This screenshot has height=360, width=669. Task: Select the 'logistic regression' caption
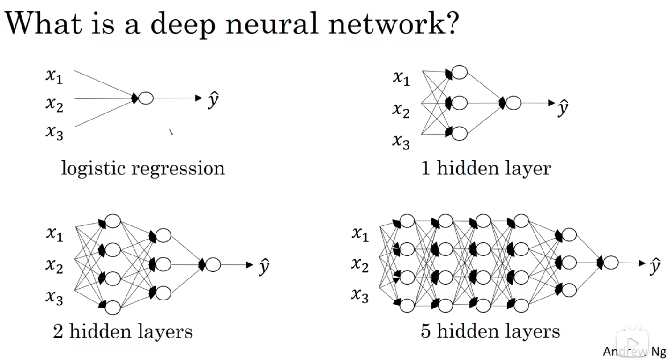click(143, 169)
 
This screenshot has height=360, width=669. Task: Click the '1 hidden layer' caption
click(486, 169)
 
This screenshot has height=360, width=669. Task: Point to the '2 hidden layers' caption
click(123, 331)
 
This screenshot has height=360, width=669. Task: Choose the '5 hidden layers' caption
click(491, 331)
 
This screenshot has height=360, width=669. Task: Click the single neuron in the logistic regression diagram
click(146, 98)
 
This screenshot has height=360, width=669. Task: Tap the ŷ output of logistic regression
click(213, 100)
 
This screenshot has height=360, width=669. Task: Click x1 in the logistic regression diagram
click(54, 76)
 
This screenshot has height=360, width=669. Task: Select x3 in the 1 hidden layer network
click(401, 142)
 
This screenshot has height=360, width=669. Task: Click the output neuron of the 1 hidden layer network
click(513, 103)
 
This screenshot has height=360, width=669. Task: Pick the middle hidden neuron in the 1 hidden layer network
click(459, 103)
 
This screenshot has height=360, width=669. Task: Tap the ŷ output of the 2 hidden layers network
click(264, 267)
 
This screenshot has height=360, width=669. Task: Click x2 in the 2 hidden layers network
click(54, 266)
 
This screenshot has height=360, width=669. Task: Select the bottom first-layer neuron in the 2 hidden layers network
click(112, 307)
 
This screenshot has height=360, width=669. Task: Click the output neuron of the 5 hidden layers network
click(611, 262)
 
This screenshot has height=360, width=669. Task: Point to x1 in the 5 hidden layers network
click(360, 234)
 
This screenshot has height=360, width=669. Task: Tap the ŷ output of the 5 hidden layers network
click(655, 265)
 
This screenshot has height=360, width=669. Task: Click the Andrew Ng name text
click(635, 352)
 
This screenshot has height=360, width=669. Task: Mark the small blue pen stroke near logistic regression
click(171, 132)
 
